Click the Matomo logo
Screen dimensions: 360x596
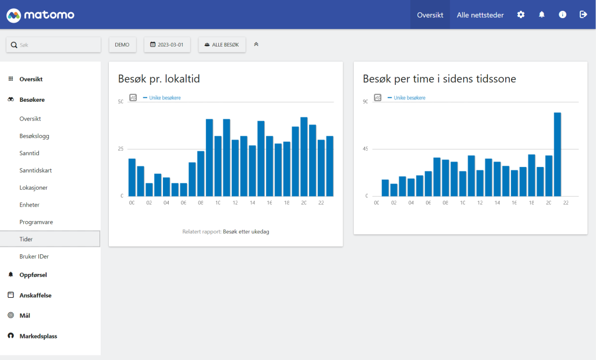tap(40, 15)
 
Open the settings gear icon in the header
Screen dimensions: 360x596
tap(521, 15)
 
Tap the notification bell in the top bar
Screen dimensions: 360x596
tap(542, 15)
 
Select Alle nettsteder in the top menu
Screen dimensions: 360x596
tap(480, 15)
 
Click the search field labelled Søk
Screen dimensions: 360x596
tap(54, 45)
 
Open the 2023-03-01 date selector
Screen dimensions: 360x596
tap(167, 45)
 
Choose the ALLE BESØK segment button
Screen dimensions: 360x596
tap(222, 45)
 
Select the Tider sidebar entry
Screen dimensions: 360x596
tap(26, 239)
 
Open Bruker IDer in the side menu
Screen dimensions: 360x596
tap(34, 256)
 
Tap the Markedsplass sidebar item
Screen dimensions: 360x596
tap(38, 336)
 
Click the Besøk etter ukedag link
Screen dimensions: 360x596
tap(246, 231)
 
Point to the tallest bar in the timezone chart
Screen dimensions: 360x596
tap(557, 154)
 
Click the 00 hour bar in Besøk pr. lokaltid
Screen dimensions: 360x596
tap(132, 177)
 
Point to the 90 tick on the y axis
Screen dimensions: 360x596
tap(366, 102)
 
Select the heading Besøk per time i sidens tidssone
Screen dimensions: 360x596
tap(439, 79)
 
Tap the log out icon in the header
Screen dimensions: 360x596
tap(583, 15)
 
